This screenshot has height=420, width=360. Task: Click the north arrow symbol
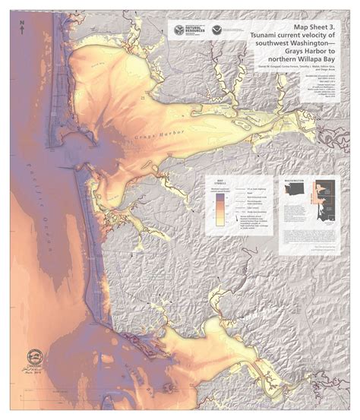click(24, 24)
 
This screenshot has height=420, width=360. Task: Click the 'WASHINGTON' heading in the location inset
click(293, 182)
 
